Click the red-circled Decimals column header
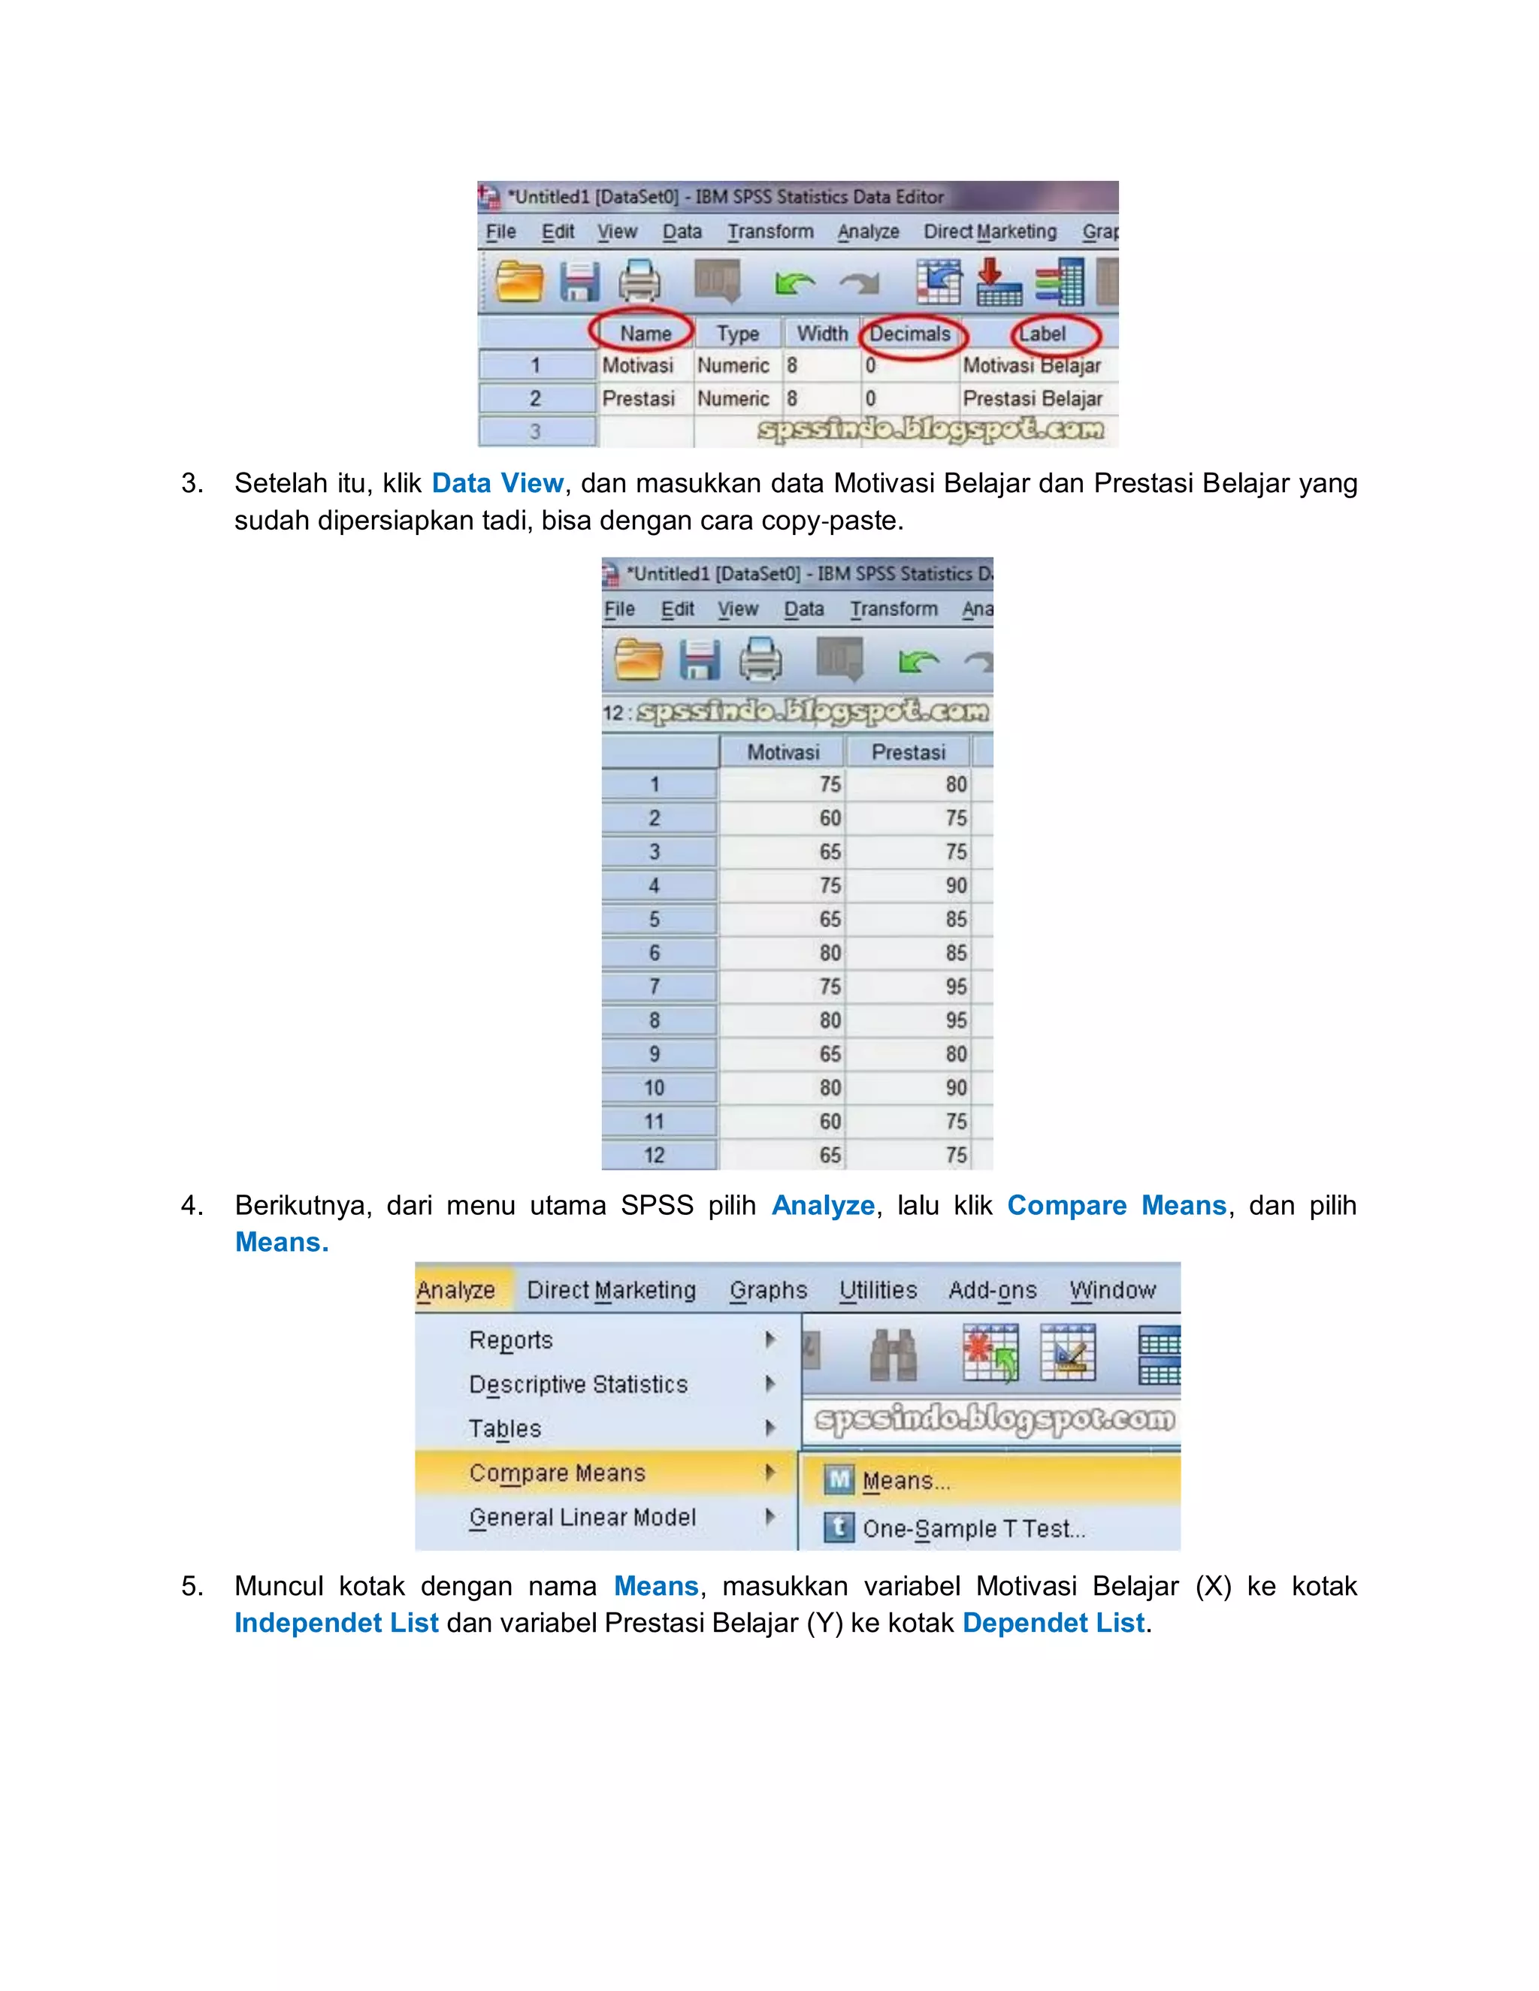(x=909, y=334)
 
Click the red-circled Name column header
(x=645, y=334)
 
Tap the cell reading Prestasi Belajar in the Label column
(x=1032, y=398)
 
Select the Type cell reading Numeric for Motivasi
(x=733, y=366)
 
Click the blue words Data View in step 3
(x=497, y=482)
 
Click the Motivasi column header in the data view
(x=782, y=752)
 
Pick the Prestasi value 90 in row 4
(x=954, y=885)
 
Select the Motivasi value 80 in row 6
(x=829, y=953)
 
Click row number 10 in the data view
(x=654, y=1088)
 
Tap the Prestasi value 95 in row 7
(x=954, y=986)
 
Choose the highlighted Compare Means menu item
(x=557, y=1473)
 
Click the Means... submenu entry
(x=906, y=1481)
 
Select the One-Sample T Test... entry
(x=973, y=1528)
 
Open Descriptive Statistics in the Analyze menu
(x=578, y=1384)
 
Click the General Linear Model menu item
(x=582, y=1517)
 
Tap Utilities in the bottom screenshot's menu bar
(x=877, y=1290)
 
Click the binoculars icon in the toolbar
(x=892, y=1354)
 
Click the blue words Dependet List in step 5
(x=1053, y=1623)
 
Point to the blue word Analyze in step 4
(x=822, y=1205)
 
